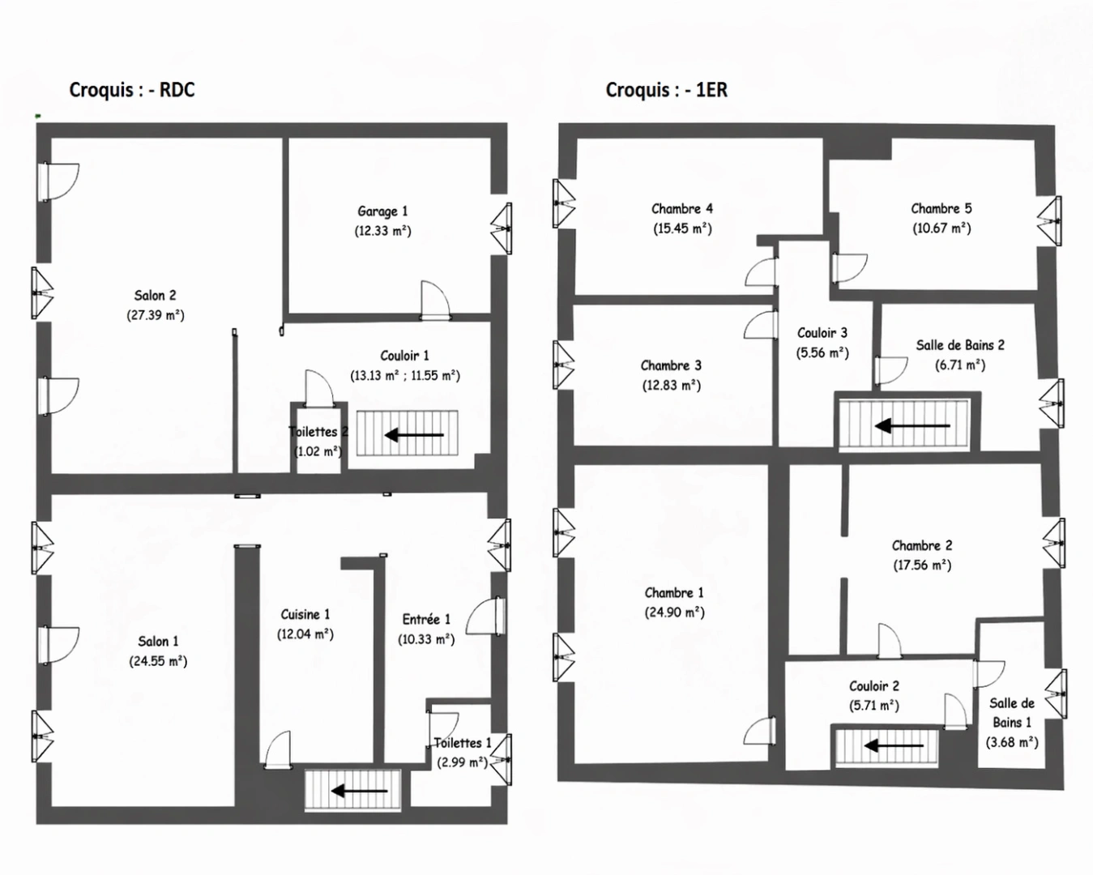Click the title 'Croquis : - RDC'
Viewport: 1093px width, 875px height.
tap(132, 90)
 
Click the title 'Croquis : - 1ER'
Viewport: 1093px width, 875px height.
tap(666, 90)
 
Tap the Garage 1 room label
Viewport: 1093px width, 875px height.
tap(382, 211)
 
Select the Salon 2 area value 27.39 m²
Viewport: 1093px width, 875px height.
tap(156, 315)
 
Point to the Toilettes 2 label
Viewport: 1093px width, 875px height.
tap(318, 432)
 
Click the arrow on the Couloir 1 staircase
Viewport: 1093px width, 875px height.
tap(414, 435)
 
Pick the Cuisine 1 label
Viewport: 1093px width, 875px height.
tap(305, 615)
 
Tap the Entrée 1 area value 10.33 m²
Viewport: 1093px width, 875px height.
tap(426, 639)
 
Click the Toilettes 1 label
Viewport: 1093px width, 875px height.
tap(462, 743)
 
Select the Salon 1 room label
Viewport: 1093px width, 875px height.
tap(158, 642)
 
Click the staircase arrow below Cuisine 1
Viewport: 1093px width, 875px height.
tap(348, 790)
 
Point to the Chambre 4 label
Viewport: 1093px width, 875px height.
tap(682, 209)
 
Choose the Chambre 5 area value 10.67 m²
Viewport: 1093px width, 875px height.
tap(941, 228)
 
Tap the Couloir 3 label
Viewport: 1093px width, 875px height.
tap(822, 333)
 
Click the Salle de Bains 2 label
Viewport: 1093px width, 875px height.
tap(960, 345)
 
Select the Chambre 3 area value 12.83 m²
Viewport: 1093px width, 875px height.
tap(671, 386)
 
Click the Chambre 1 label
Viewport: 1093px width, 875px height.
tap(674, 593)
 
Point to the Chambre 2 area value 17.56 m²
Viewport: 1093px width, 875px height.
tap(922, 566)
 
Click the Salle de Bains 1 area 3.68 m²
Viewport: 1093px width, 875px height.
tap(1012, 742)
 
